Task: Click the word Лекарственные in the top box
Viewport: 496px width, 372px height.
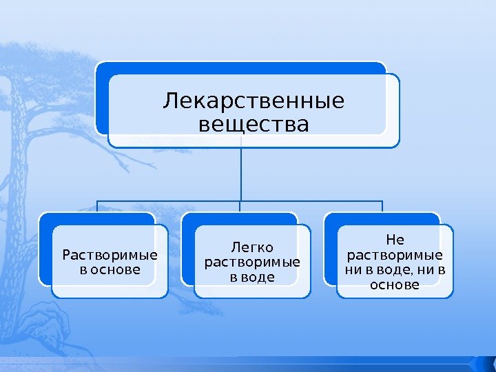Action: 253,102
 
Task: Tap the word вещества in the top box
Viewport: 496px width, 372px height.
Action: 253,125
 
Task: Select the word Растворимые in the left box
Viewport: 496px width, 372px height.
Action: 110,256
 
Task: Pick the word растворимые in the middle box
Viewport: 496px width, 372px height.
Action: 253,262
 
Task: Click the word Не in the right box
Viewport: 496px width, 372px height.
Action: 395,240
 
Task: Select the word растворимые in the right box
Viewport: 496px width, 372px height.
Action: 395,254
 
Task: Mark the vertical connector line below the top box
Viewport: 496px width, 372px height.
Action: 242,172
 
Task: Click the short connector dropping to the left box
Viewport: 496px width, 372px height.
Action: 97,206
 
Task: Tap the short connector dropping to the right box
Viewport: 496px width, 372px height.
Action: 382,206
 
